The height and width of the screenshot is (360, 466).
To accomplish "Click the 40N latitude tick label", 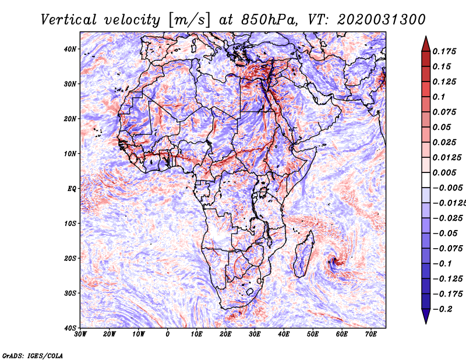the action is click(x=70, y=49).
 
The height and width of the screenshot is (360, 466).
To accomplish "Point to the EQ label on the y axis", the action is click(x=72, y=189).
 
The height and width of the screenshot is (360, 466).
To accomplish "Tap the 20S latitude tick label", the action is click(x=70, y=258).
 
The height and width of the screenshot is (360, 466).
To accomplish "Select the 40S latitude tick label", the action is click(x=70, y=328).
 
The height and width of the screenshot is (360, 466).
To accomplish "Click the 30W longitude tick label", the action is click(x=80, y=334).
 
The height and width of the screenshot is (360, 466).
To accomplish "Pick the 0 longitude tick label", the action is click(x=168, y=334).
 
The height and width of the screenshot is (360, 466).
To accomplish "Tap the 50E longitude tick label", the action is click(x=313, y=334).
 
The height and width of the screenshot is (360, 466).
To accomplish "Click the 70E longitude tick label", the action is click(x=371, y=334).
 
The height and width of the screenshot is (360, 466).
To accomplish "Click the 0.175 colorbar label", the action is click(x=444, y=51).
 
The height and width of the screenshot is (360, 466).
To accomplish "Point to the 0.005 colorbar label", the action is click(x=444, y=172).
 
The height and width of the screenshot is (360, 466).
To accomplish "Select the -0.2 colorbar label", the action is click(x=443, y=309).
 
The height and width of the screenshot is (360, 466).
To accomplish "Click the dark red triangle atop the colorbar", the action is click(x=426, y=44).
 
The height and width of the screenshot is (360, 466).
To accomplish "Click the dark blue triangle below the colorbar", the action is click(x=426, y=316).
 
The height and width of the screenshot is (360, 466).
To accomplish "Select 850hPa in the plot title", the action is click(x=269, y=20).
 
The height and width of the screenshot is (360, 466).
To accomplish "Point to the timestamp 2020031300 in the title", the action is click(x=382, y=20).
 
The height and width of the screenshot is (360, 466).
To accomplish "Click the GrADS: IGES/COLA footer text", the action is click(x=33, y=355).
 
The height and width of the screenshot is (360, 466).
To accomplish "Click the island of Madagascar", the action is click(x=303, y=254).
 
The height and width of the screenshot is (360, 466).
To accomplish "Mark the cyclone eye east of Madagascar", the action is click(x=333, y=260).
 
